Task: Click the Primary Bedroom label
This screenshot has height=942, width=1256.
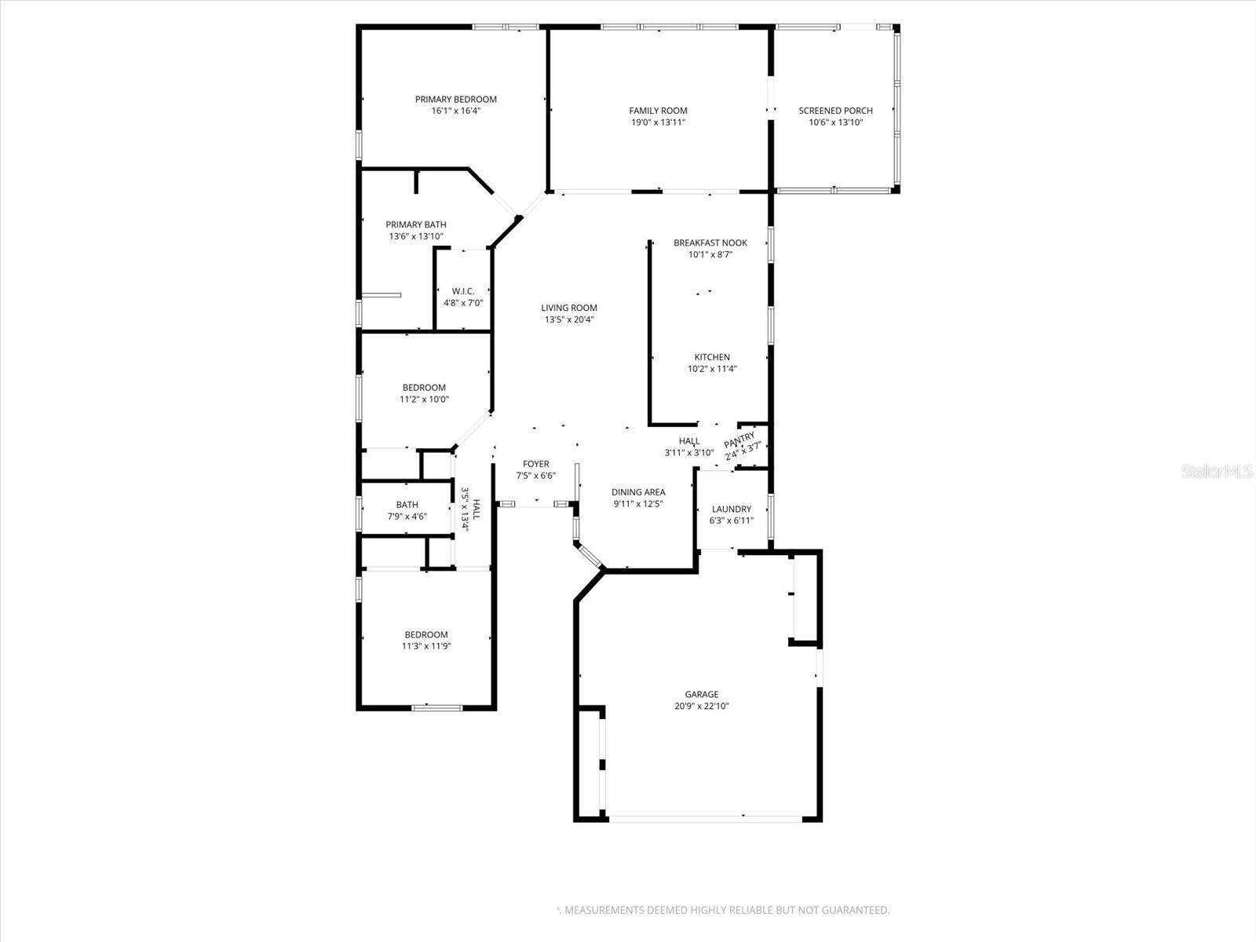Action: pyautogui.click(x=455, y=100)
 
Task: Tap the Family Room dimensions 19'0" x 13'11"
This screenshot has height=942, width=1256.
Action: pyautogui.click(x=658, y=122)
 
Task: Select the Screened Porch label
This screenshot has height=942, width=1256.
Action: pyautogui.click(x=835, y=111)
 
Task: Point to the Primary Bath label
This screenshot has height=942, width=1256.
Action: pyautogui.click(x=416, y=225)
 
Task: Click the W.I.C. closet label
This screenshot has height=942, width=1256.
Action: pyautogui.click(x=463, y=291)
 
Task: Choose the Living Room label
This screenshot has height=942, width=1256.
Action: pyautogui.click(x=569, y=308)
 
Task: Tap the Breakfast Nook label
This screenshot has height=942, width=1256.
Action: pyautogui.click(x=710, y=243)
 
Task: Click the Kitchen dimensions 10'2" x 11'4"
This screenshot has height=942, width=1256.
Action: pyautogui.click(x=712, y=369)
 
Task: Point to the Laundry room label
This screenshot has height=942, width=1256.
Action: pyautogui.click(x=732, y=509)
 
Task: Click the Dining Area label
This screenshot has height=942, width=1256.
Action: pyautogui.click(x=638, y=492)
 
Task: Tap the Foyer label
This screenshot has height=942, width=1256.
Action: pyautogui.click(x=536, y=464)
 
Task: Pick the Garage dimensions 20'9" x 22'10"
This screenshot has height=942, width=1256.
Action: pyautogui.click(x=701, y=706)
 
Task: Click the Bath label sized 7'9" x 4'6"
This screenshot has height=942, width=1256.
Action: pyautogui.click(x=407, y=505)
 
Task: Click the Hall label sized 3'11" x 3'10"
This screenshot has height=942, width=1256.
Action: pyautogui.click(x=689, y=441)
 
